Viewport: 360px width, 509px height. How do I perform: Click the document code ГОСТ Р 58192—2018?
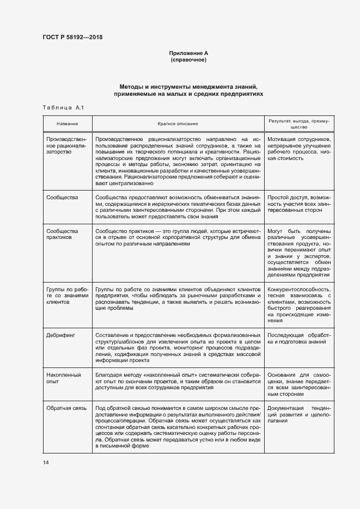point(72,37)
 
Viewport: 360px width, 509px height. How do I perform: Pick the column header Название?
point(66,124)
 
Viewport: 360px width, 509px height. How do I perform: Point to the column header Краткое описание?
point(178,124)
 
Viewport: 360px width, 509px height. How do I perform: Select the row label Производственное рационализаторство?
point(66,146)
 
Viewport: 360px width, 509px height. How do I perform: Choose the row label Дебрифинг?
point(59,334)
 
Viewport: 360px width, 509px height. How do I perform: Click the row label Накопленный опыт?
point(64,378)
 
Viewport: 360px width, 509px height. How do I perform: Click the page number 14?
point(46,463)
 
